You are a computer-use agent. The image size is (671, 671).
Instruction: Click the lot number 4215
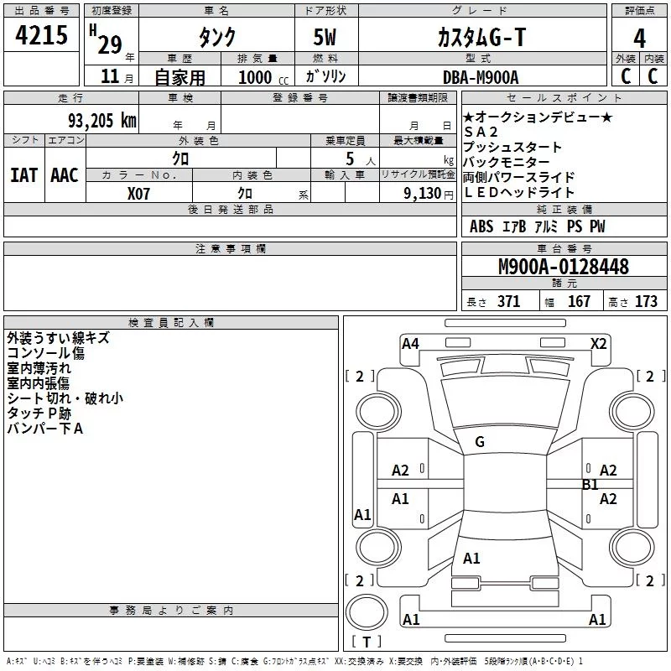41,35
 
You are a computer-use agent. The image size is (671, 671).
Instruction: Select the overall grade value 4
639,39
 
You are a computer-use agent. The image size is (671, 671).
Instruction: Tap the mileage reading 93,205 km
102,121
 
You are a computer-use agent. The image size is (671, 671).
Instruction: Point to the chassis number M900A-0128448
564,267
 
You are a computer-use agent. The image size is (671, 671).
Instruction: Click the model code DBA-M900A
481,77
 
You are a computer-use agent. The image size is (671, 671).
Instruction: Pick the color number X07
138,194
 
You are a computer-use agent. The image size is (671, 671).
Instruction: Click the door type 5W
325,37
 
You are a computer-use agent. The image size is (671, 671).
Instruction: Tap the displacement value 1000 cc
263,78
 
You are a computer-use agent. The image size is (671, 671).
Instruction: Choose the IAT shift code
24,175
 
